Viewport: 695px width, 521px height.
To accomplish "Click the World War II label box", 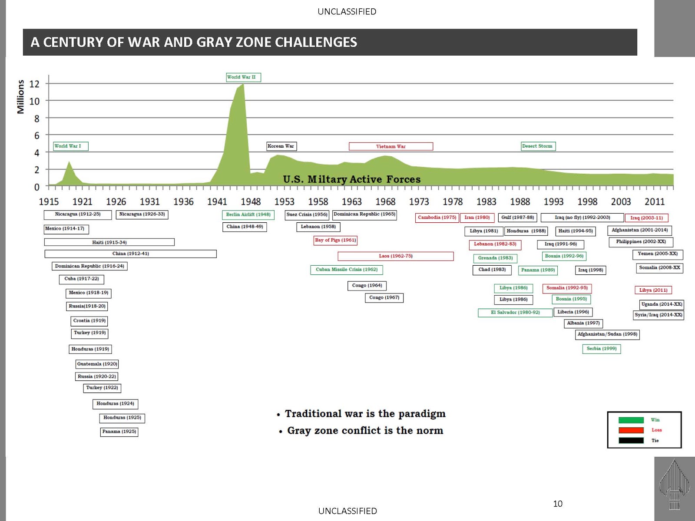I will tap(243, 77).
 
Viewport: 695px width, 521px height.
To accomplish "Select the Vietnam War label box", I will tap(391, 146).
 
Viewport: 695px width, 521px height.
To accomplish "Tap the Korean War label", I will tap(281, 146).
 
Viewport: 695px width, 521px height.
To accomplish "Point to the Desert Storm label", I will tap(538, 146).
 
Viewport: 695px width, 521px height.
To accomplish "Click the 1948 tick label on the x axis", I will tap(251, 202).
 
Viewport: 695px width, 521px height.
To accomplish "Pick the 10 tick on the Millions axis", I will tap(34, 101).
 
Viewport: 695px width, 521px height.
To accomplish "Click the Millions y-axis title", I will tap(20, 97).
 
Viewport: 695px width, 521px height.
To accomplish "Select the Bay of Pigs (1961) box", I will tap(335, 240).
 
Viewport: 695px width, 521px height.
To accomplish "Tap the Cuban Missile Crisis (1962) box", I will tap(346, 270).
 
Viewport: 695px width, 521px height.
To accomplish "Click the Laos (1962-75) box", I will tap(395, 256).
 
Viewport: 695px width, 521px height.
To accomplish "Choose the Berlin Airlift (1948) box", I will tap(248, 215).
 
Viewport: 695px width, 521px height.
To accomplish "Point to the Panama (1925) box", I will tap(119, 432).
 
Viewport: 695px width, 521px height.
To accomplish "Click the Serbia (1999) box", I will tap(601, 349).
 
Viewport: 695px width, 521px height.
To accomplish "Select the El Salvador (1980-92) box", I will tap(515, 313).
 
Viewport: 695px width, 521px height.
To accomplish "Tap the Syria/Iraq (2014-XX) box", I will tap(659, 315).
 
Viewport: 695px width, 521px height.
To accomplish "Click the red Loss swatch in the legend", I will tap(631, 430).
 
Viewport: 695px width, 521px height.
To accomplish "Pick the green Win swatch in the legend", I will tap(631, 420).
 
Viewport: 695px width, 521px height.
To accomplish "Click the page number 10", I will tap(558, 504).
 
